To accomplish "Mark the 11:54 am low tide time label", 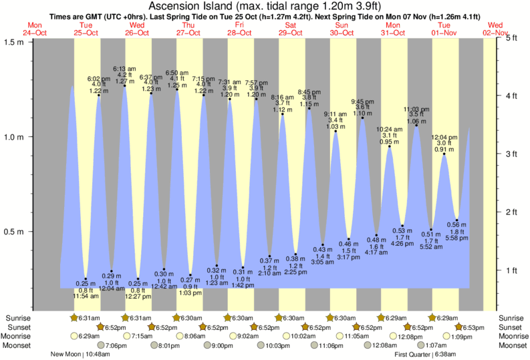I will (x=86, y=297).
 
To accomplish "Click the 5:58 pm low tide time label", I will (x=456, y=238).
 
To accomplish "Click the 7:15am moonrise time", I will (x=141, y=337).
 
